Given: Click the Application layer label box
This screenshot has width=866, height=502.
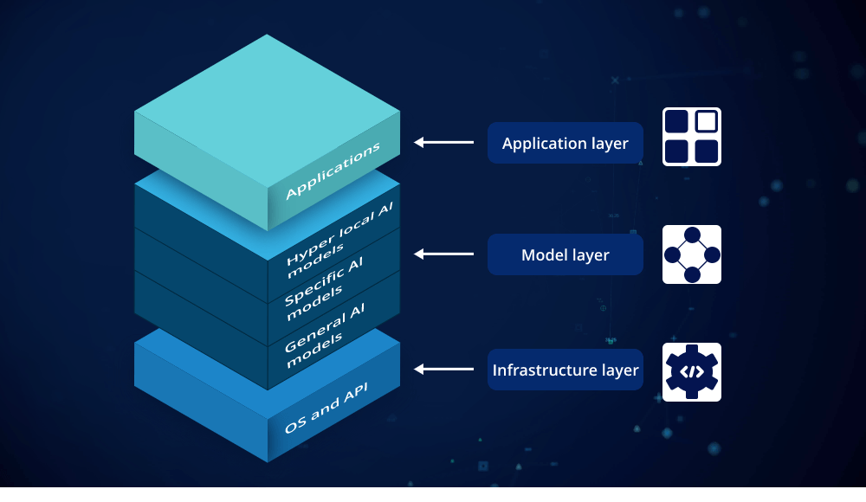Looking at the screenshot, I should pyautogui.click(x=565, y=143).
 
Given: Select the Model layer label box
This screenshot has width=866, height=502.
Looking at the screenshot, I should pyautogui.click(x=565, y=254).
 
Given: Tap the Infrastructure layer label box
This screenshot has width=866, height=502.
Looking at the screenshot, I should pyautogui.click(x=565, y=370).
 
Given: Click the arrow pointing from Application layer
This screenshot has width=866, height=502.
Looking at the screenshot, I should pyautogui.click(x=443, y=143).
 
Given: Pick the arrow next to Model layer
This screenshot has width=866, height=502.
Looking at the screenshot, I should pyautogui.click(x=443, y=254).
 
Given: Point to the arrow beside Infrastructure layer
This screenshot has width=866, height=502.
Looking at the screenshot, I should pyautogui.click(x=443, y=370).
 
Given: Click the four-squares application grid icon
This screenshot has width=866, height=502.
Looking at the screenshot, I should pyautogui.click(x=692, y=137).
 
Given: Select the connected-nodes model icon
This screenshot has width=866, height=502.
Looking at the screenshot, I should pyautogui.click(x=692, y=254).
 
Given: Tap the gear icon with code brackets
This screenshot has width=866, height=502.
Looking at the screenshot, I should pyautogui.click(x=692, y=372).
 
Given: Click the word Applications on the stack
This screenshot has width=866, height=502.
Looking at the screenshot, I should pyautogui.click(x=333, y=171).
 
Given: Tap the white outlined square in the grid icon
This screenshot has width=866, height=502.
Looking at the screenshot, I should pyautogui.click(x=707, y=122).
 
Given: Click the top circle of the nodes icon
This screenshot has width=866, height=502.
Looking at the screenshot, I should pyautogui.click(x=692, y=235).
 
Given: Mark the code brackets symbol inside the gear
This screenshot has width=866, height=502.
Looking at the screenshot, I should pyautogui.click(x=691, y=372).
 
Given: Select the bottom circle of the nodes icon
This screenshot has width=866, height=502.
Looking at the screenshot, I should pyautogui.click(x=692, y=274).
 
